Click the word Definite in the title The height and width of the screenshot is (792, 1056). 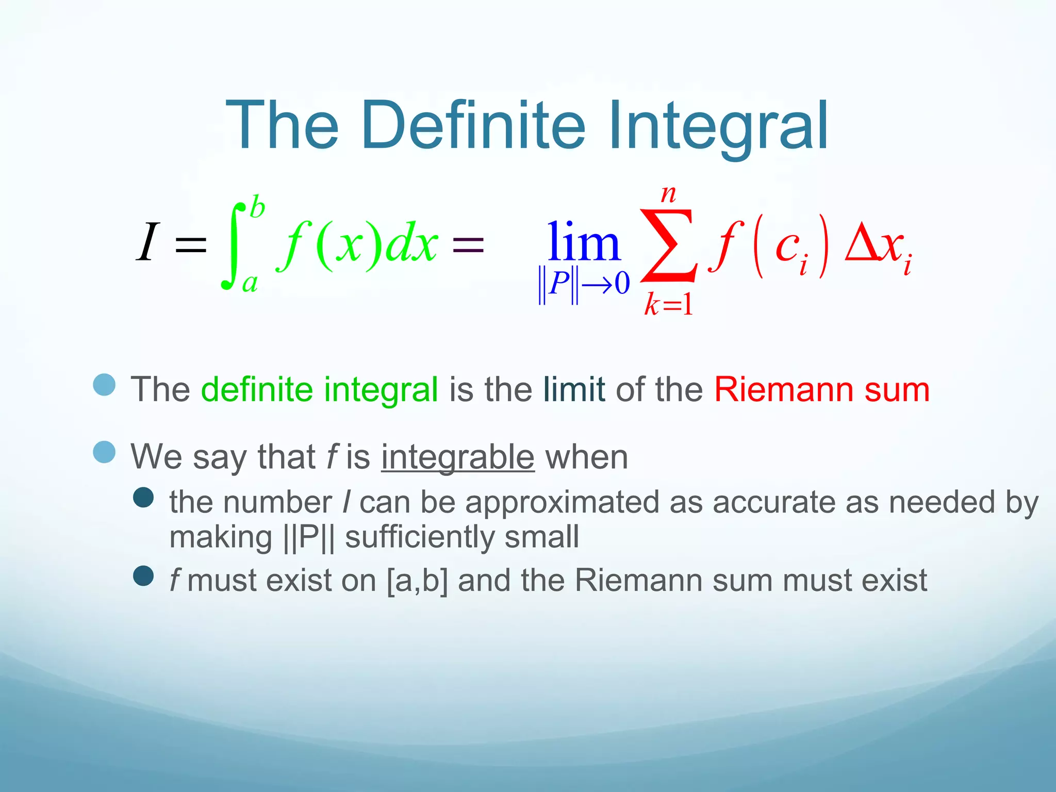[x=473, y=126]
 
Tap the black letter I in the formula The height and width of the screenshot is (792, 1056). [x=147, y=242]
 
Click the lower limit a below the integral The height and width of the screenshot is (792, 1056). [x=250, y=284]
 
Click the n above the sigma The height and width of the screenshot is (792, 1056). [x=669, y=194]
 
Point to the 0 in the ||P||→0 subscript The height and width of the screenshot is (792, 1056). [x=622, y=283]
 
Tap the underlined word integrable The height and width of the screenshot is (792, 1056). [x=457, y=457]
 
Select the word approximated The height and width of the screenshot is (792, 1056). [x=562, y=502]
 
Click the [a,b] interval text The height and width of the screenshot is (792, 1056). [x=417, y=581]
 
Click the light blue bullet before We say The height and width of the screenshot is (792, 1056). [x=104, y=452]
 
